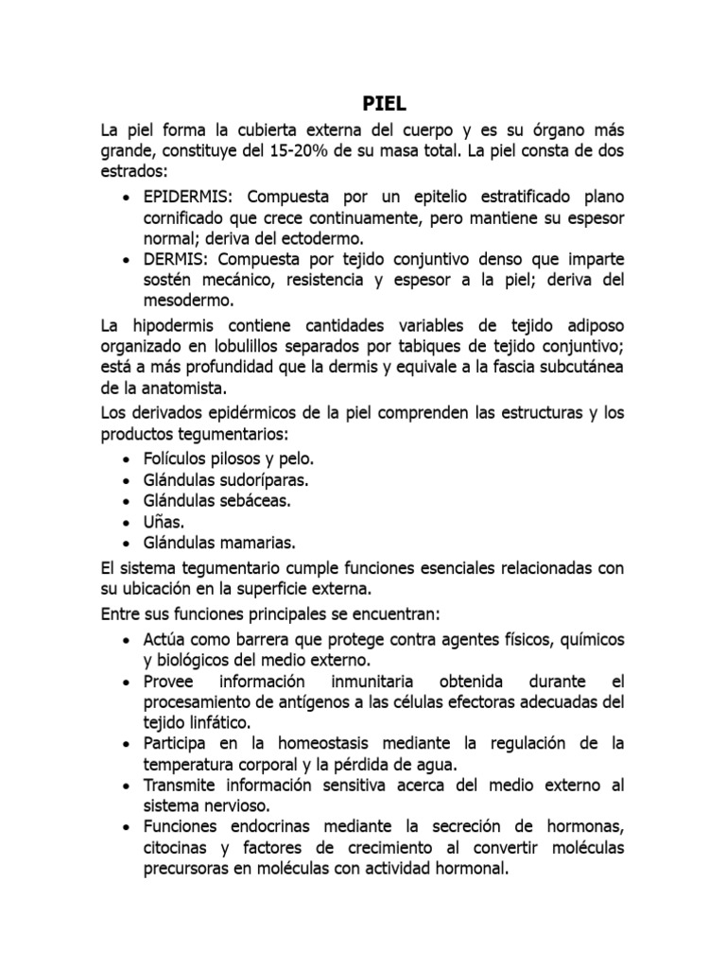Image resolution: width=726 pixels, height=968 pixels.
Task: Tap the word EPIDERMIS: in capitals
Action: (x=190, y=196)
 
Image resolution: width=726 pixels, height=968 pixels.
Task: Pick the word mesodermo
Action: (x=188, y=301)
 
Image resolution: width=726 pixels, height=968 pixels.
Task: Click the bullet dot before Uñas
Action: (x=128, y=522)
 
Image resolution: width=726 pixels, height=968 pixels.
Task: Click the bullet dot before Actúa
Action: (x=128, y=639)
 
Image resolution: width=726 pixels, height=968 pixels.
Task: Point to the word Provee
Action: (x=168, y=681)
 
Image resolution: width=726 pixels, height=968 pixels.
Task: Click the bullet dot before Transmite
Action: (x=128, y=786)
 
